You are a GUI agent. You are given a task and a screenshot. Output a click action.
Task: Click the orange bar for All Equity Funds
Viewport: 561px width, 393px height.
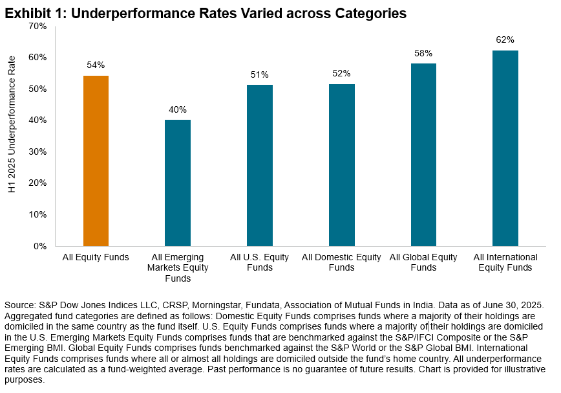point(96,161)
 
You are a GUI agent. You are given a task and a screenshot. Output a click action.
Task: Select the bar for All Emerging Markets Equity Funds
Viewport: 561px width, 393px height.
point(178,183)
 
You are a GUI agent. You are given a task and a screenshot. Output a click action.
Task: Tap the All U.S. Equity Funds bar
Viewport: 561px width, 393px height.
point(260,165)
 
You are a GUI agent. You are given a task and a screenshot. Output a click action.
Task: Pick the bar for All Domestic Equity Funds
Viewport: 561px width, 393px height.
point(341,164)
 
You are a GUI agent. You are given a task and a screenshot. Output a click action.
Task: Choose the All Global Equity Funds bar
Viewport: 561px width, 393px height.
point(423,154)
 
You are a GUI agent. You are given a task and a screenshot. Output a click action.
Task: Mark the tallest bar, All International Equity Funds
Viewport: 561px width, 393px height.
point(505,148)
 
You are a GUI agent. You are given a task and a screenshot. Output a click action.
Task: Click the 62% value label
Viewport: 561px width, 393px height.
point(505,39)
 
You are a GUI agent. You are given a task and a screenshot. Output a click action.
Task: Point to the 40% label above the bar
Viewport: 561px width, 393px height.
point(178,109)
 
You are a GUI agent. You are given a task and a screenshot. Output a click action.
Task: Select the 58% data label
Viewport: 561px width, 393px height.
point(423,53)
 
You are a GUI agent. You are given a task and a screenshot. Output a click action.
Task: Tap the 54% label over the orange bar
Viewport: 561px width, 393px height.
point(96,65)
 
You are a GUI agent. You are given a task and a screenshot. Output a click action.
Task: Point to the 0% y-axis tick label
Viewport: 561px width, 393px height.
point(41,246)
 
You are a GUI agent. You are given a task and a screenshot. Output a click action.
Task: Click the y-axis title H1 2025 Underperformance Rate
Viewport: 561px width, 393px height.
point(10,136)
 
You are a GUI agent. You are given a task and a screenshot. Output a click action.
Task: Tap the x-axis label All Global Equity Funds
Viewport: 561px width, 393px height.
point(423,262)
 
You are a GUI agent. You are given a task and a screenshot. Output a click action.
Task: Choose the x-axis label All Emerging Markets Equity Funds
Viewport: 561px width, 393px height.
point(178,268)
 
